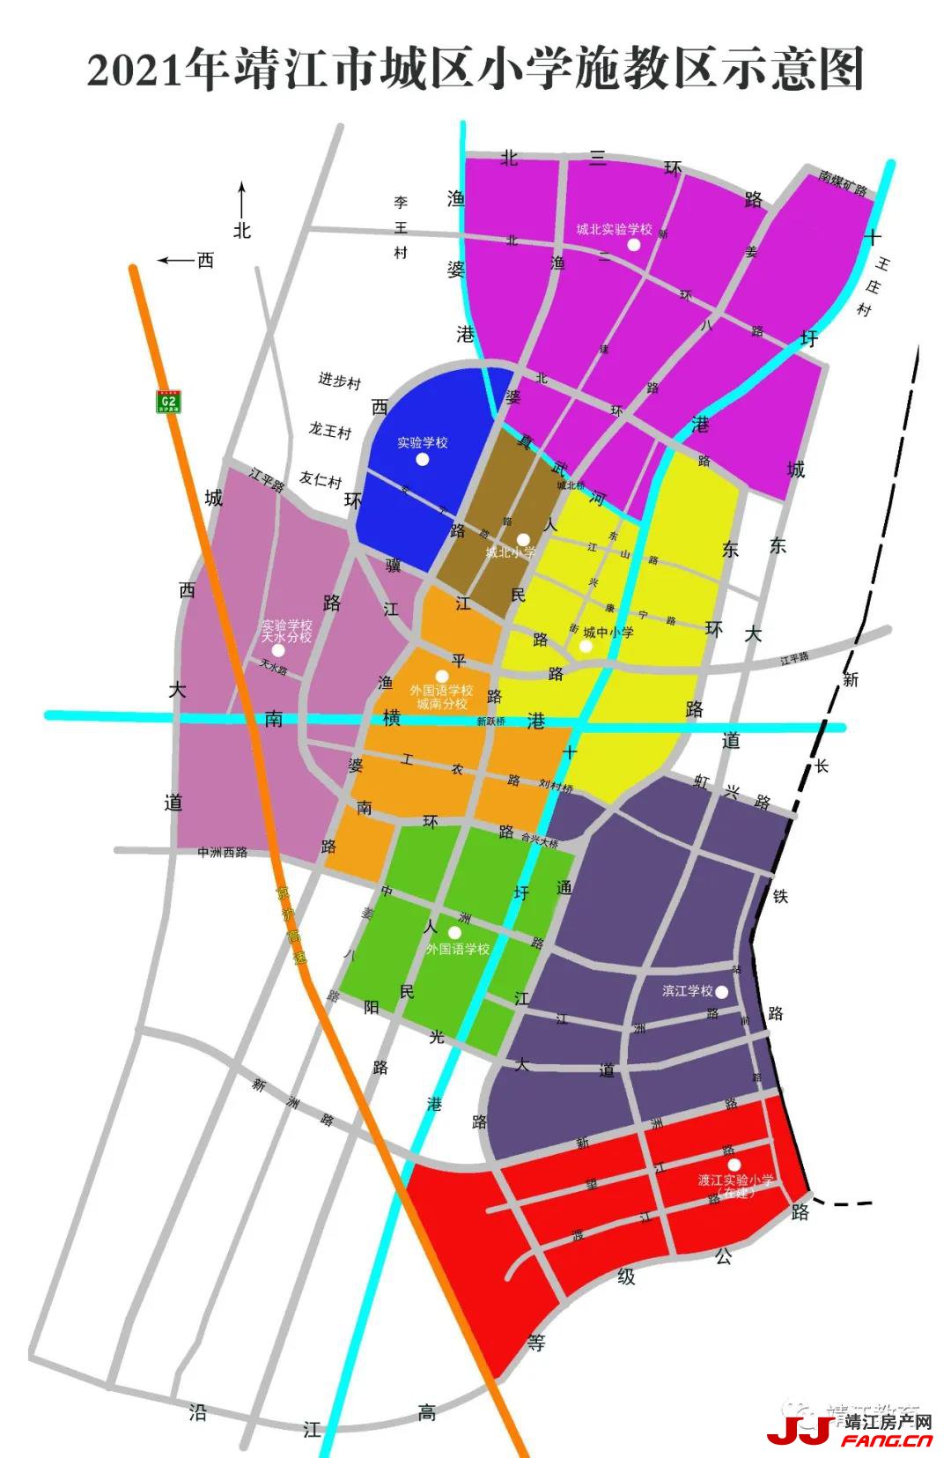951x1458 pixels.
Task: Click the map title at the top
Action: pos(475,70)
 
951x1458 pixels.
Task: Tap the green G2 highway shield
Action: pos(168,402)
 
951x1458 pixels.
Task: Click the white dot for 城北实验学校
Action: pos(633,245)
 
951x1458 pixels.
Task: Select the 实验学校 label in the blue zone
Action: pos(423,442)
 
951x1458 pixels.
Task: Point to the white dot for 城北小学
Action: pos(522,538)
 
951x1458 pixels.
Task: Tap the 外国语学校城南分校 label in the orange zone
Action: pos(441,697)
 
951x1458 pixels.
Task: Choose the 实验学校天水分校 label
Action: pos(287,631)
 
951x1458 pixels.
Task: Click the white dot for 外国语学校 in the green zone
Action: pos(455,932)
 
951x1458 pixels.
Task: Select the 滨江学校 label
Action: pos(688,991)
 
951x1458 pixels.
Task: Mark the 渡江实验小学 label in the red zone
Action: pos(736,1186)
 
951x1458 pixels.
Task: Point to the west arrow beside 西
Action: pos(176,260)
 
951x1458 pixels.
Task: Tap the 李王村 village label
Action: pos(401,227)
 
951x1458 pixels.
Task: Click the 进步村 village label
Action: pos(340,381)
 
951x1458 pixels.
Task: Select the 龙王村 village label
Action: pos(330,431)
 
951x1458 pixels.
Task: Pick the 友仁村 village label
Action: pos(321,480)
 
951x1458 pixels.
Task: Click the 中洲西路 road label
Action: pos(222,852)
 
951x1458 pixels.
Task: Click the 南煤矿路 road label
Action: pos(843,182)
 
